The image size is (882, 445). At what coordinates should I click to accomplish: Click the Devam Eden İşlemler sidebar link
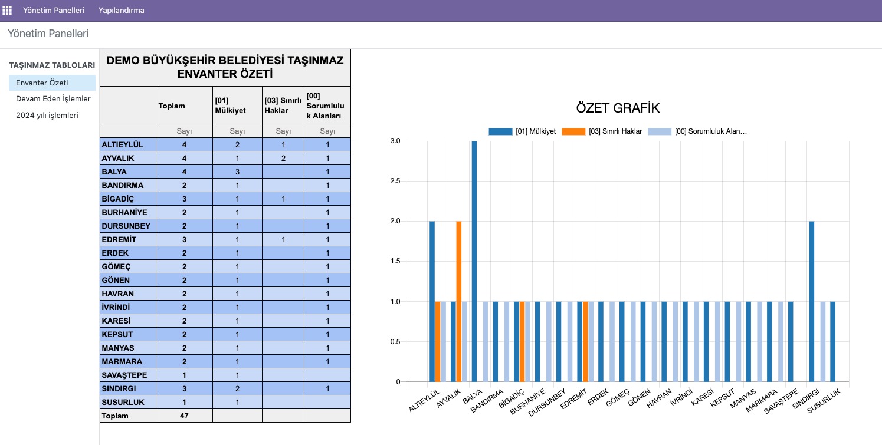point(53,99)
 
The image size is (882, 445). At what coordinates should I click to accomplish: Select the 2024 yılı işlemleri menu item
point(47,116)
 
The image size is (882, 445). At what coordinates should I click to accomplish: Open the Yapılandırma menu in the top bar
point(122,11)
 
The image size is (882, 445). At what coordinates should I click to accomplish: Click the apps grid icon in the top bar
point(7,11)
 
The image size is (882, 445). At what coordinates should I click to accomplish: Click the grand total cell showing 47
point(184,416)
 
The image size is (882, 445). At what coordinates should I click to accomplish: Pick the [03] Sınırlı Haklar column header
point(283,106)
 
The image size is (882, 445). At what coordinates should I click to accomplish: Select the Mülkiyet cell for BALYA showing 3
point(237,172)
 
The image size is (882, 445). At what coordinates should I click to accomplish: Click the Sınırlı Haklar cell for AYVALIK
point(283,159)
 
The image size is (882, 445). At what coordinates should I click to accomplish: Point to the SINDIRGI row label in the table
point(119,389)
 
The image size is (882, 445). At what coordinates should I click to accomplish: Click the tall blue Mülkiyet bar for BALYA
point(474,262)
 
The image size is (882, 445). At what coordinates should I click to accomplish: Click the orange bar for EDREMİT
point(585,342)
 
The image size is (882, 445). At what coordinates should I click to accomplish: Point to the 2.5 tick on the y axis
point(395,182)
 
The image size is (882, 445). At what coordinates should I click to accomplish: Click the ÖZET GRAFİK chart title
point(618,108)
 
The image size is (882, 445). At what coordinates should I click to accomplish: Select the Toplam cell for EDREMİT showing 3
point(184,240)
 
